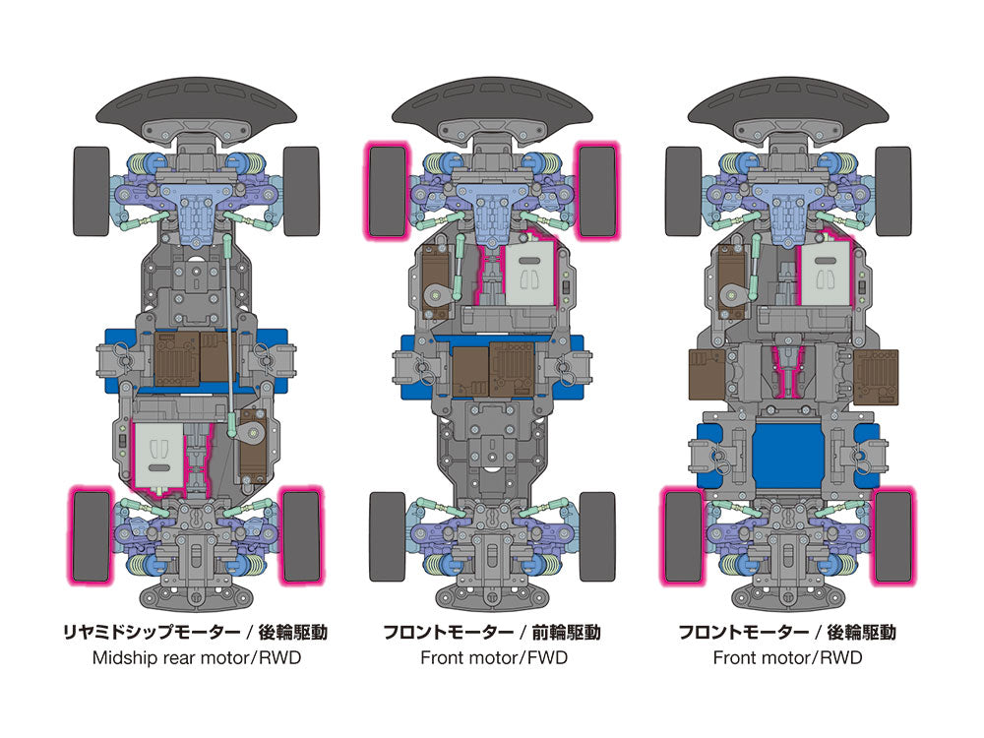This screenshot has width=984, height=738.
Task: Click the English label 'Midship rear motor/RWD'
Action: point(197,657)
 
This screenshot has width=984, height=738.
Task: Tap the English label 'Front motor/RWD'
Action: point(787,657)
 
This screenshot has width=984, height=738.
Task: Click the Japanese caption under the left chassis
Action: point(197,632)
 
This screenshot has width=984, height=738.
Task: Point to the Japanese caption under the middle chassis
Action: point(492,632)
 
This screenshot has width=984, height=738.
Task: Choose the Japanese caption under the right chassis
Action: point(787,632)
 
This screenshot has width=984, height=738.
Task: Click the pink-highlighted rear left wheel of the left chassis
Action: point(90,534)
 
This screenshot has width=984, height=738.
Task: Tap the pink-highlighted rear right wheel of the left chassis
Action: point(301,534)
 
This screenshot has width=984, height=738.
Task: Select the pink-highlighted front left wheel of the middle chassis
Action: point(386,191)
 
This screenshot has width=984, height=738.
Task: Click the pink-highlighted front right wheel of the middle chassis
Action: point(597,191)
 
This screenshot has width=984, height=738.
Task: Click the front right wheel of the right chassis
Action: point(892,191)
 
